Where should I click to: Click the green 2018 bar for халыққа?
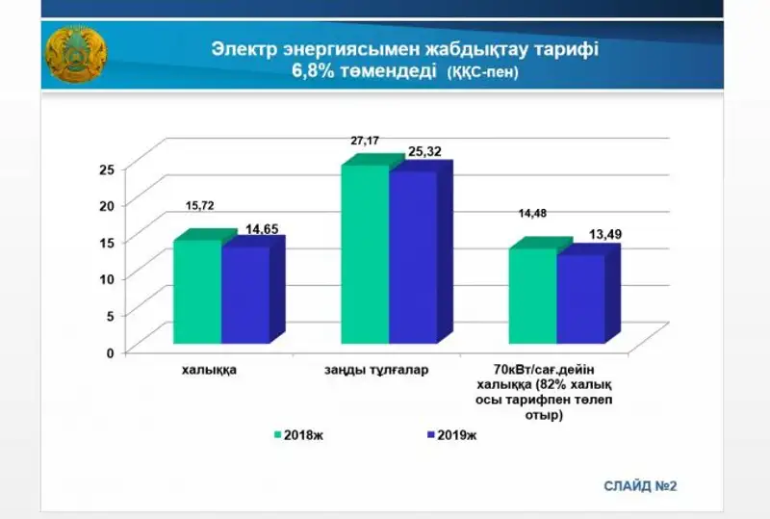[197, 292]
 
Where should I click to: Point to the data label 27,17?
[365, 142]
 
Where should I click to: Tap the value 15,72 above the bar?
[200, 206]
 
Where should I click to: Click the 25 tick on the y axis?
[107, 169]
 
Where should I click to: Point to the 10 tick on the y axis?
[107, 279]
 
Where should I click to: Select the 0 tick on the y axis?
[110, 352]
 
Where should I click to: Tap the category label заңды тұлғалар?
[377, 369]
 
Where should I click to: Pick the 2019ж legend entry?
[451, 434]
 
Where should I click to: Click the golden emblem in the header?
[75, 57]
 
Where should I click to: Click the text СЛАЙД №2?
[641, 484]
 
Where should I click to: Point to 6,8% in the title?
[311, 73]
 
